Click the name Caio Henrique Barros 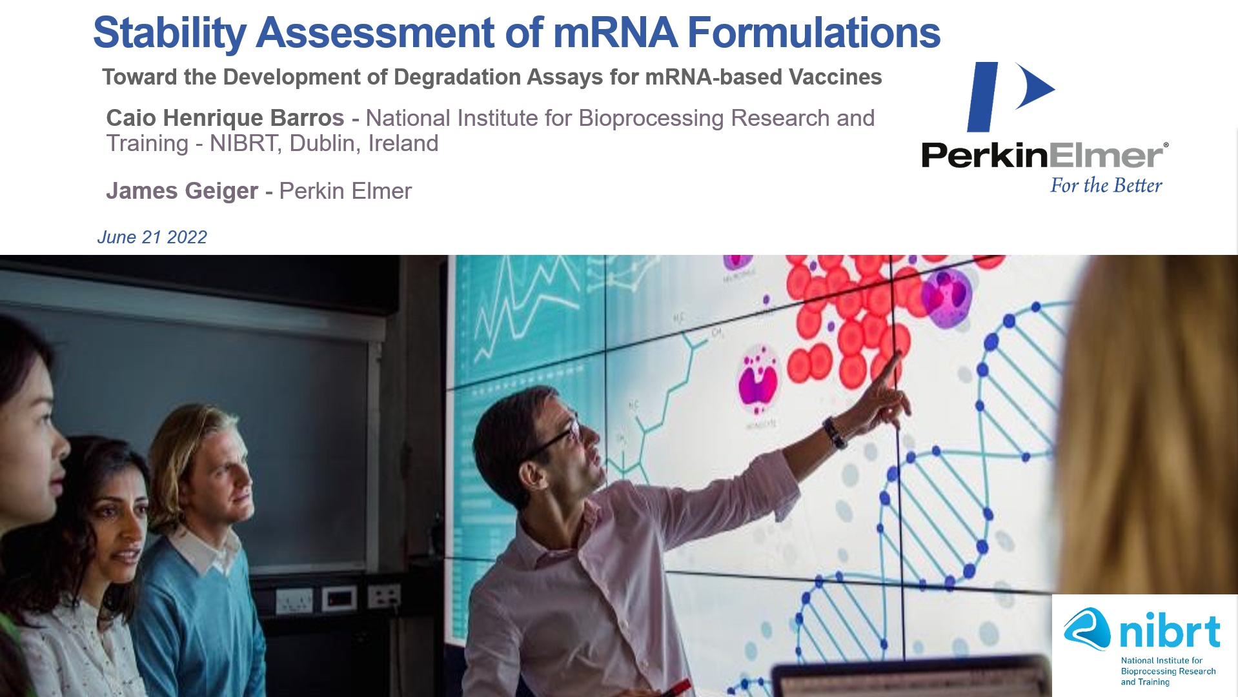pos(225,118)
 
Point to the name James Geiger pos(182,191)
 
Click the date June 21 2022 pos(152,237)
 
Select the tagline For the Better pos(1106,185)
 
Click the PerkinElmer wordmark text pos(1042,156)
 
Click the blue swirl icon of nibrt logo pos(1087,629)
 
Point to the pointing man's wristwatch pos(835,432)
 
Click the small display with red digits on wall pos(340,599)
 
